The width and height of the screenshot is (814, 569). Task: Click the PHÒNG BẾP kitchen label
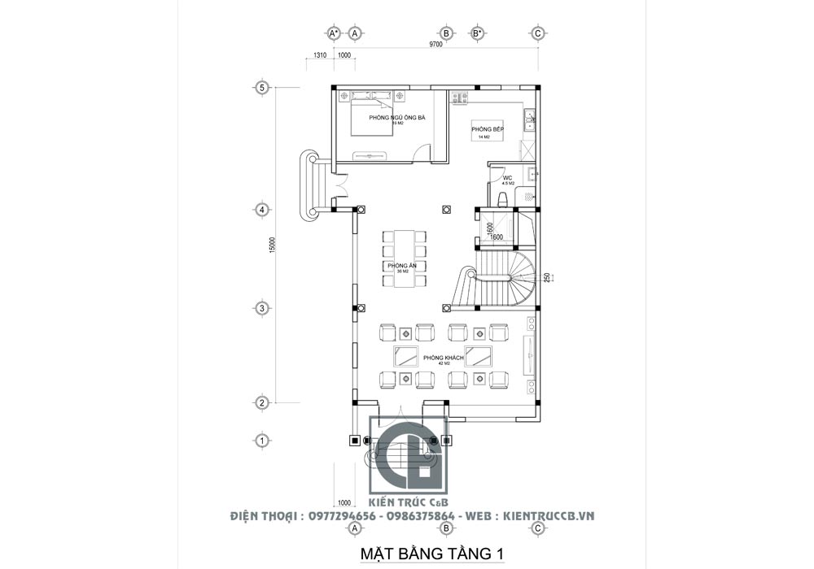coord(488,130)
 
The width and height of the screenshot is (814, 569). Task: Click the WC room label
coord(507,178)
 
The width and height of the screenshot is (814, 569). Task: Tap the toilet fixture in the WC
coord(502,198)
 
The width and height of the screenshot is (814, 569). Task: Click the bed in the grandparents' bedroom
coord(373,115)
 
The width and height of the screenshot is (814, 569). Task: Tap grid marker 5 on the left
coord(262,88)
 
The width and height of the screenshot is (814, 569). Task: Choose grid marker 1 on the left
coord(262,440)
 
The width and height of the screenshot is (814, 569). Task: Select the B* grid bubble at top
coord(478,33)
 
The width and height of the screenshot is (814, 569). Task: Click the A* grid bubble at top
coord(334,33)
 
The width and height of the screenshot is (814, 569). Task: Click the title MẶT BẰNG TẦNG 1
coord(432,554)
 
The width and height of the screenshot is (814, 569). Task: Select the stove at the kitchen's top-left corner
coord(460,98)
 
